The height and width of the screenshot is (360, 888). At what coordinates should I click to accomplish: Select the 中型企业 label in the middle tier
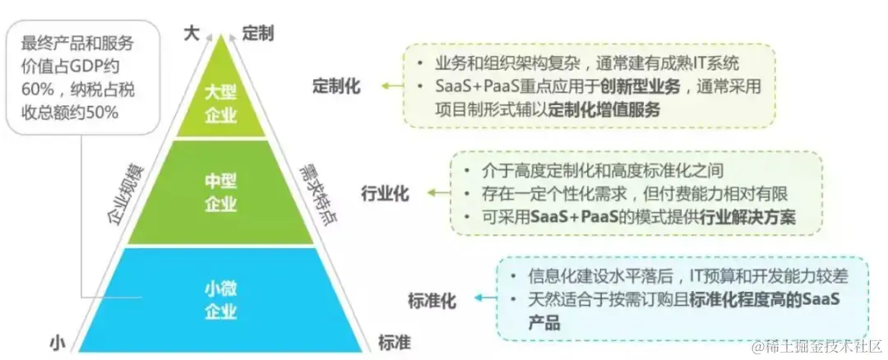[x=220, y=192]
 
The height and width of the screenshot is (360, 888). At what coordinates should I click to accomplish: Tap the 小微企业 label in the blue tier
[x=220, y=299]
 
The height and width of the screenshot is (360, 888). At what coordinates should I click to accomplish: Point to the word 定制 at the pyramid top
[x=258, y=32]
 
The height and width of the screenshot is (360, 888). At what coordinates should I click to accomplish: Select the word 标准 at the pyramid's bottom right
[x=394, y=340]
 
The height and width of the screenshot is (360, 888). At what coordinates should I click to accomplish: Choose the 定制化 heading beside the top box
[x=335, y=86]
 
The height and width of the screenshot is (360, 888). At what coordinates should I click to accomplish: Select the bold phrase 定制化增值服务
[x=604, y=109]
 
